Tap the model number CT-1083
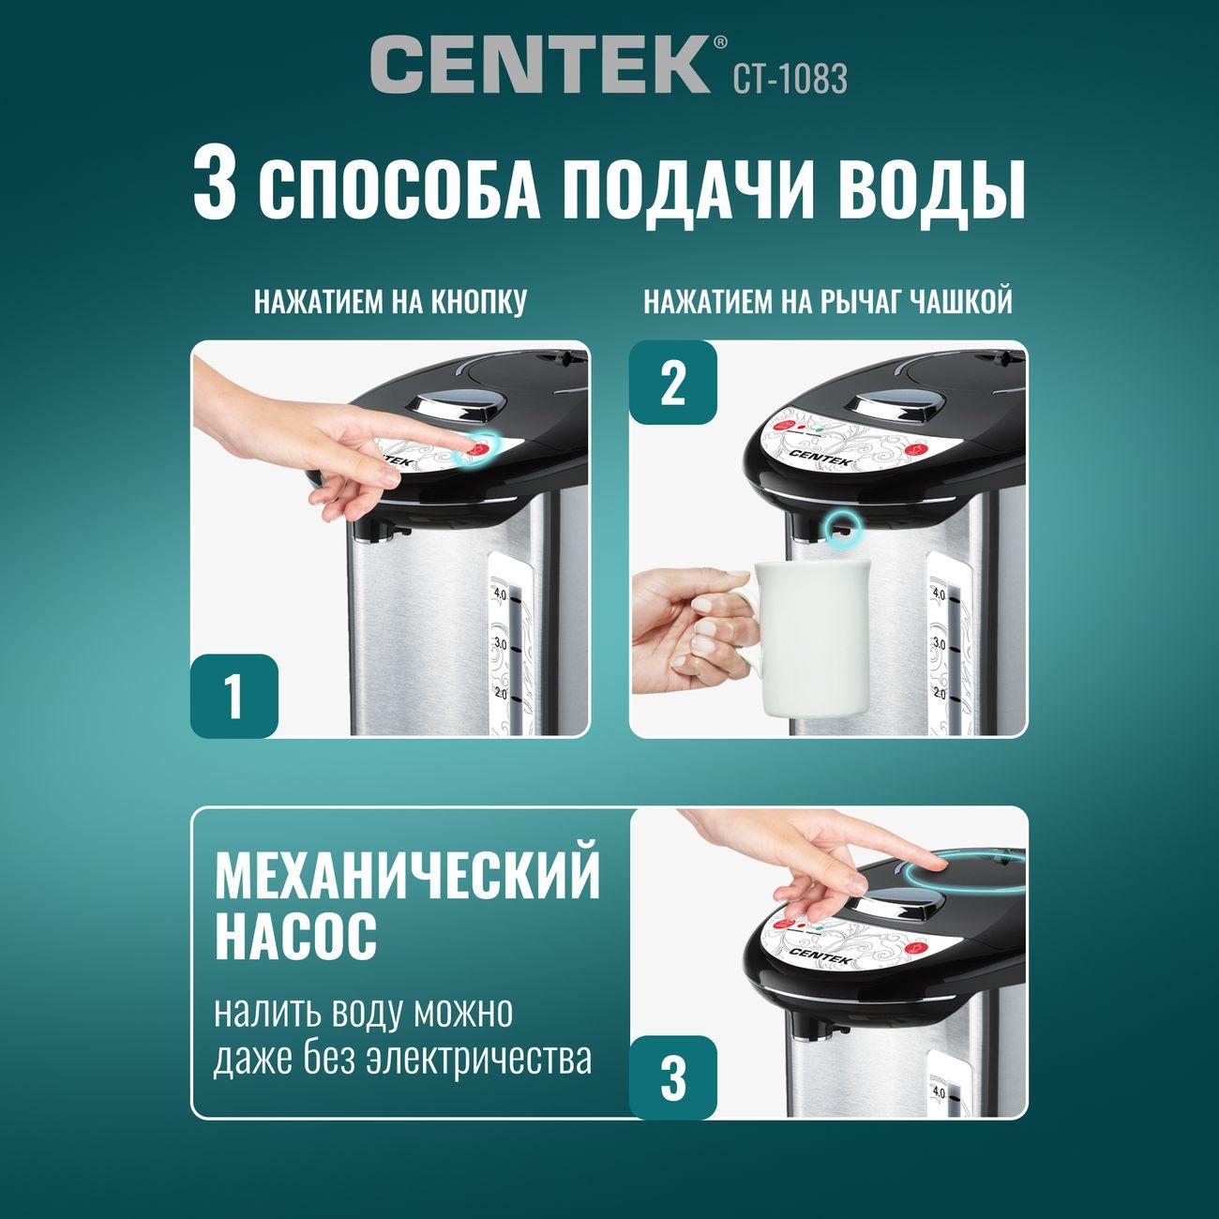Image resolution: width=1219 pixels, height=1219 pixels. pos(790,79)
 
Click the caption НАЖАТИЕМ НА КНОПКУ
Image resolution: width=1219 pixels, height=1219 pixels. pos(390,302)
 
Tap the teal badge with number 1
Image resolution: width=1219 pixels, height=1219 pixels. pos(234,696)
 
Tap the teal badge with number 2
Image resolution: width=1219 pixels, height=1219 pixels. pos(673,383)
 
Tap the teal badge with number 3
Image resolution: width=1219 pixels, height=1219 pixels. pos(673,1076)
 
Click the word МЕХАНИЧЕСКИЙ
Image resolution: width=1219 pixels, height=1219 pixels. pos(407,876)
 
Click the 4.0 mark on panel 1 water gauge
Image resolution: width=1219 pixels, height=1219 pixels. pos(500,594)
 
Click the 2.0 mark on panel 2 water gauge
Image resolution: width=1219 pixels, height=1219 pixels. pos(938,694)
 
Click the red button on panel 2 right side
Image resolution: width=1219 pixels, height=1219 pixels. pos(915,450)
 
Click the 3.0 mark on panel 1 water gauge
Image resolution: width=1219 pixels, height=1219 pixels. pos(500,644)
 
